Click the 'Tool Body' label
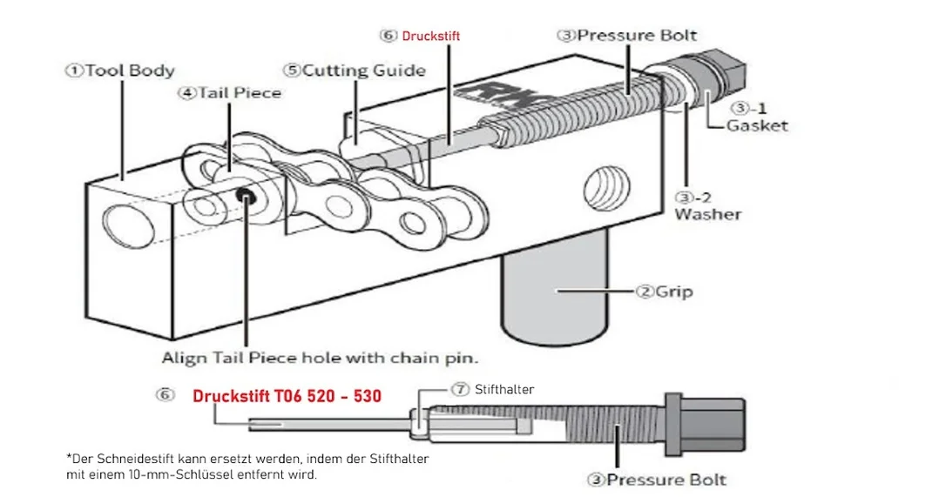coord(130,71)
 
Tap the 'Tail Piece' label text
coord(240,93)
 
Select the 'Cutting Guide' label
coord(364,71)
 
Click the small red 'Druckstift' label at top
coord(431,37)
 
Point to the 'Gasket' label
coord(757,125)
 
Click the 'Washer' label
coord(707,214)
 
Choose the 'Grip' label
coord(674,292)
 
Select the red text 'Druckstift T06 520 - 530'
coord(287,396)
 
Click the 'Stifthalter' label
coord(504,390)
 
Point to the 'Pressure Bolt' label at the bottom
coord(666,480)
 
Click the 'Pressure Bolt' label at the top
coord(637,35)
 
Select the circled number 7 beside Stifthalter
coord(460,390)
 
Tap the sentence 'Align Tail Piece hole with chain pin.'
coord(320,359)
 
